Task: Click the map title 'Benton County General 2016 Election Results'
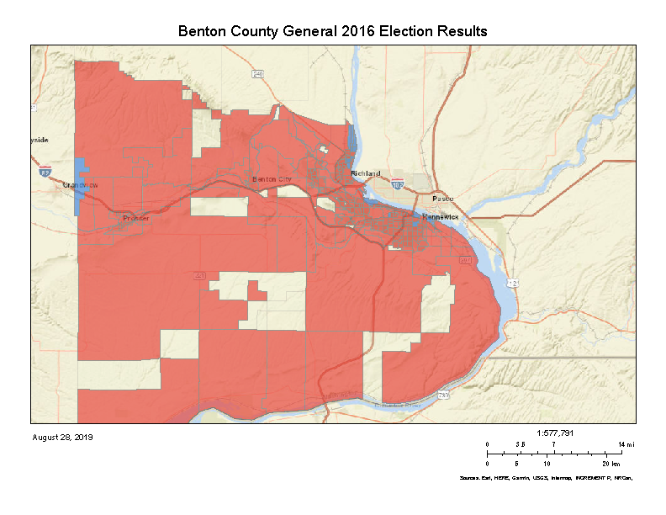pos(333,31)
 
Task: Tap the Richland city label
pos(365,173)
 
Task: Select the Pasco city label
pos(442,199)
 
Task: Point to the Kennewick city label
pos(441,217)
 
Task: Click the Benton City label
pos(272,180)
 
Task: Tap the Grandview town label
pos(81,184)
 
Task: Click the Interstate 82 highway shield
pos(45,171)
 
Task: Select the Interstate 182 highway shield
pos(397,184)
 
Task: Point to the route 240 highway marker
pos(257,74)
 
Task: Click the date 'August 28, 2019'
pos(62,438)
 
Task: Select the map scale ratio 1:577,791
pos(553,433)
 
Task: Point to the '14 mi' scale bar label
pos(626,444)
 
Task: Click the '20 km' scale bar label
pos(611,464)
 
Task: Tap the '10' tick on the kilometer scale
pos(547,464)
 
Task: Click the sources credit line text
pos(545,478)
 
